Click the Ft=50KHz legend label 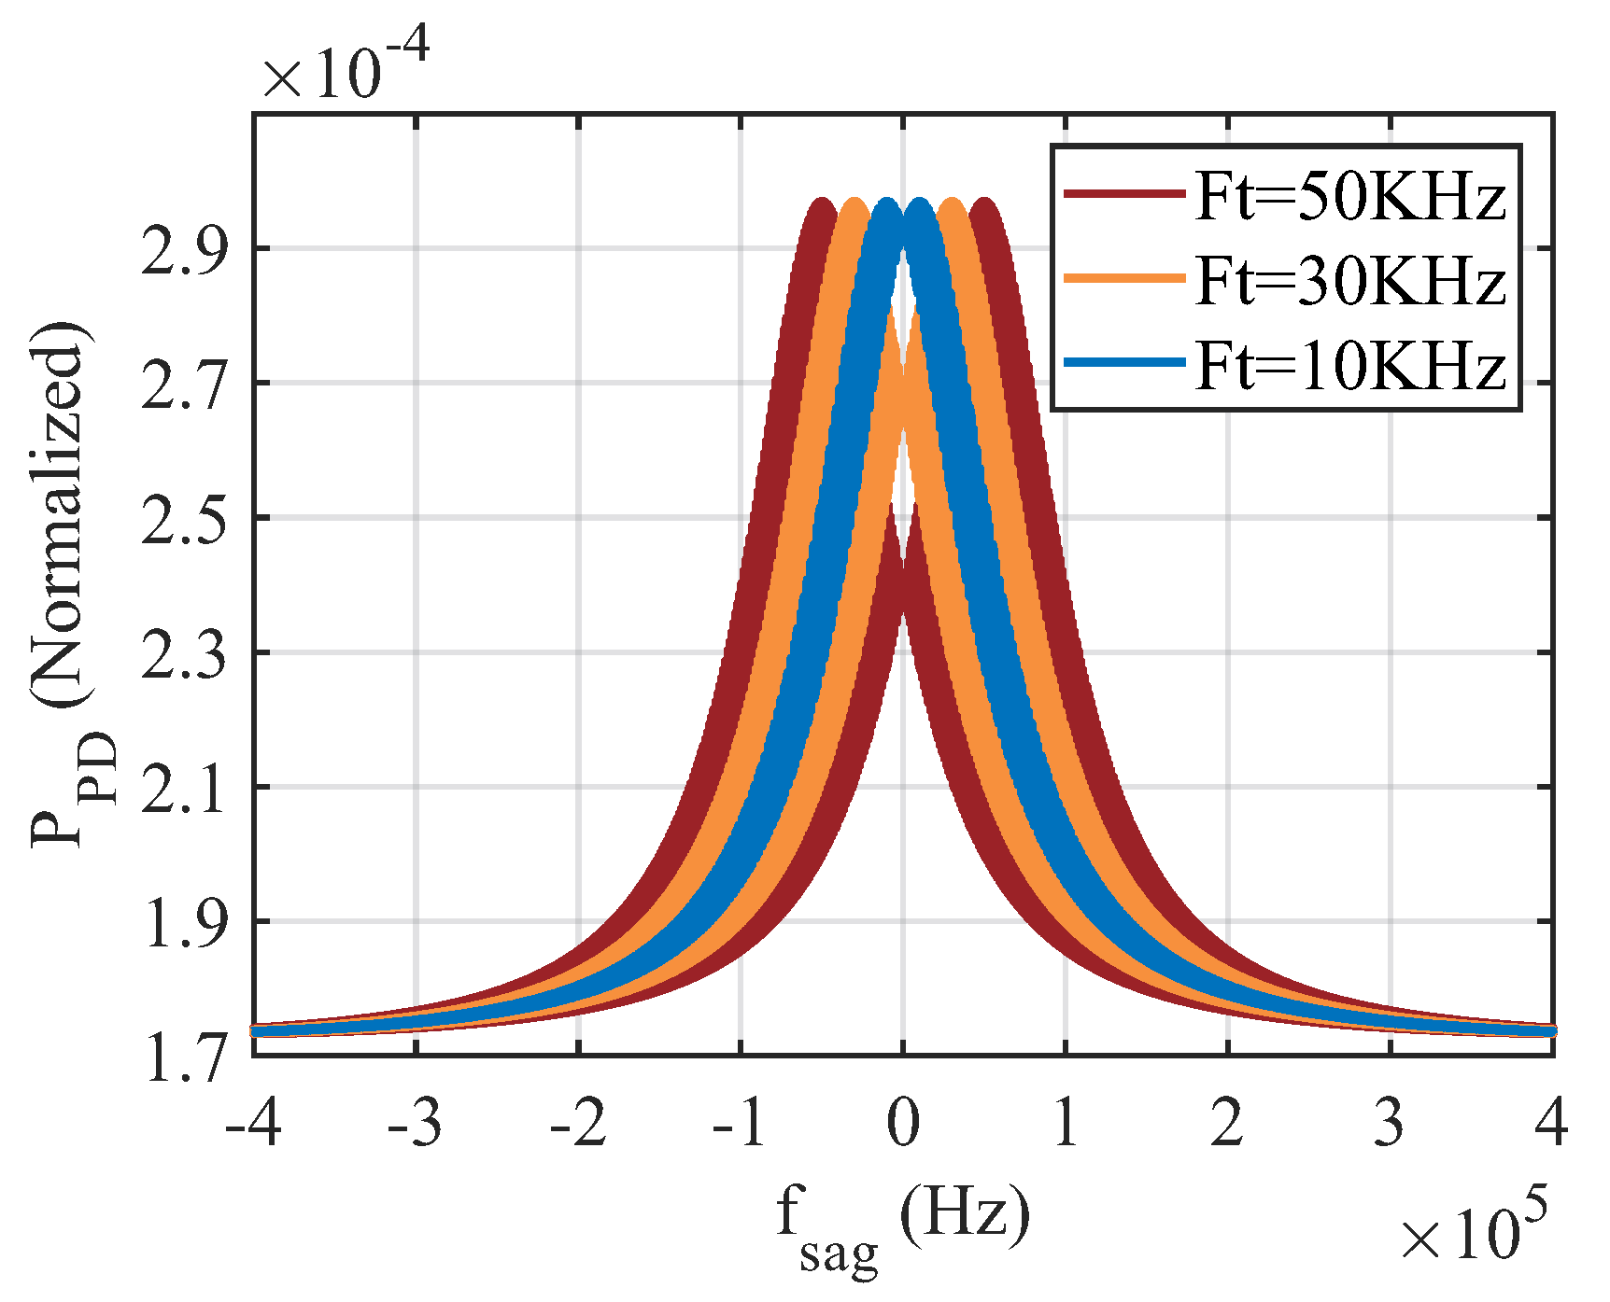[1350, 197]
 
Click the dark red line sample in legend [1124, 194]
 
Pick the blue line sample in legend [1124, 361]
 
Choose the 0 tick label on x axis [903, 1122]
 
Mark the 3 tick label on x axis [1390, 1122]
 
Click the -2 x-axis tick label [578, 1122]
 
